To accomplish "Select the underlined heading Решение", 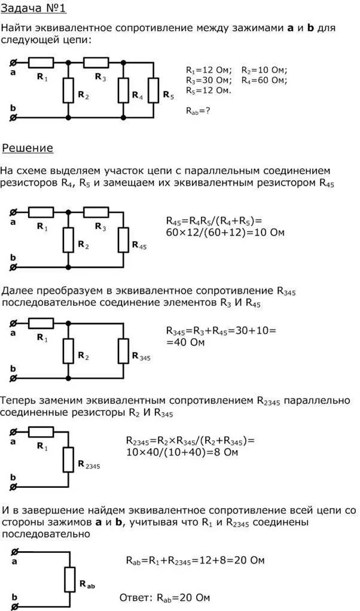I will point(28,148).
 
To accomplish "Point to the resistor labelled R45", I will point(124,239).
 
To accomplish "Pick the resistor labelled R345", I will point(124,350).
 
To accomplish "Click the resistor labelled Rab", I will point(68,579).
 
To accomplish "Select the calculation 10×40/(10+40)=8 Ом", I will point(182,452).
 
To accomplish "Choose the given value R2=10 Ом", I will point(264,69).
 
